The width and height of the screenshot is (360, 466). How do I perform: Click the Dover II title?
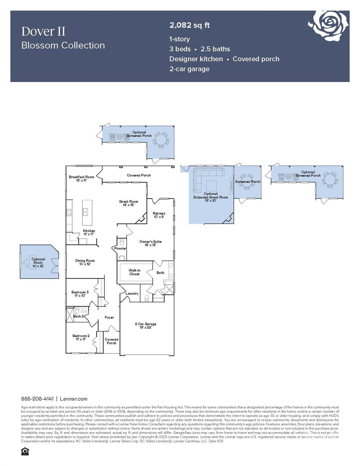coord(43,32)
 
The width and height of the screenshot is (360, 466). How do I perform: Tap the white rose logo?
coord(329,25)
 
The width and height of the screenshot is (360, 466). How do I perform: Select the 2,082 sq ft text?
coord(190,25)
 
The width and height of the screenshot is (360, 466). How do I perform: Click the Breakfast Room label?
coord(81,178)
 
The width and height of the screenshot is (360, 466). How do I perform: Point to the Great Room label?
coord(129,203)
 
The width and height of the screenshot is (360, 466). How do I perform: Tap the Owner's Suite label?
coord(150,243)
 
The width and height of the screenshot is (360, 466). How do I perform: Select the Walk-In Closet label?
coord(134,272)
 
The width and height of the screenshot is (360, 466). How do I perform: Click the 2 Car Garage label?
coord(146,325)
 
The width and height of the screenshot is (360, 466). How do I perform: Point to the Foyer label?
coord(109,317)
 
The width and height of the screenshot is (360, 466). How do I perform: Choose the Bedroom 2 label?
coord(81,337)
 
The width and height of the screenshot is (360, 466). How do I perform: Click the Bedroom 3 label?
coord(80,294)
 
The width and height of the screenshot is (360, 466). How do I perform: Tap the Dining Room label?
coord(85,262)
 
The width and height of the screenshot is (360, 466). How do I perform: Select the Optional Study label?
coord(38,262)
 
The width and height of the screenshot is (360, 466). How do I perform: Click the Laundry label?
coord(132,293)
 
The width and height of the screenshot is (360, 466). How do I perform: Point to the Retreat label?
coord(159,215)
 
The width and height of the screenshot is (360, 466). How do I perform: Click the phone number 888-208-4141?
coord(37,399)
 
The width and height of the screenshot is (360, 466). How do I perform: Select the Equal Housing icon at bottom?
coord(25,451)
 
